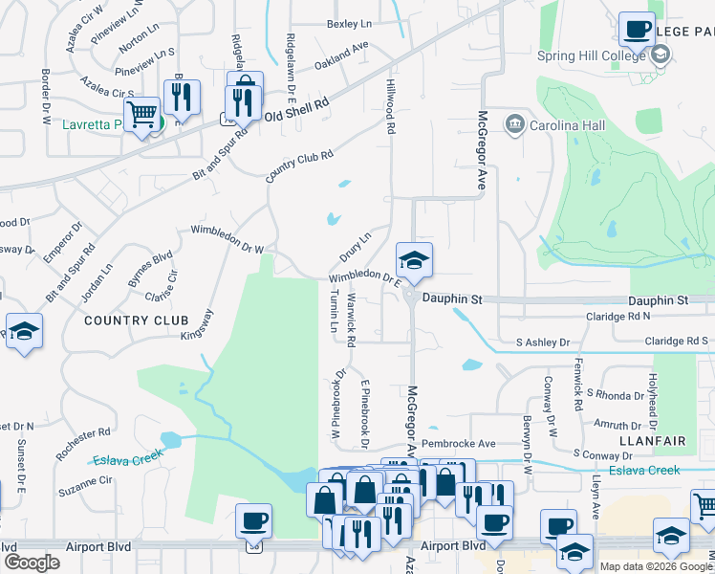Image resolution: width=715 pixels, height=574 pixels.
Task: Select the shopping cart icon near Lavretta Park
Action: [x=142, y=115]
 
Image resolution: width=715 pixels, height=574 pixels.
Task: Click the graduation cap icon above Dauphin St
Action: [x=414, y=260]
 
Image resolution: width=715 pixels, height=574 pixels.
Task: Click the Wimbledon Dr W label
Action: [x=227, y=239]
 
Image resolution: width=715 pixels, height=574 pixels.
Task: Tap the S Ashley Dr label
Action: [x=542, y=342]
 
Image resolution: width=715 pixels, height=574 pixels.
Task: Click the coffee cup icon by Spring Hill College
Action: [x=636, y=30]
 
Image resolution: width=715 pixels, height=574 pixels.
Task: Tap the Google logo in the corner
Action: [x=32, y=563]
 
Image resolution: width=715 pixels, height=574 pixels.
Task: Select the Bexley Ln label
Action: [x=349, y=23]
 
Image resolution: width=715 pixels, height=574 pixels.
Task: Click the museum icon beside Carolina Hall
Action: [x=514, y=123]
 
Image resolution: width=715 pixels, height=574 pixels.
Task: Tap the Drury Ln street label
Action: [x=355, y=248]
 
